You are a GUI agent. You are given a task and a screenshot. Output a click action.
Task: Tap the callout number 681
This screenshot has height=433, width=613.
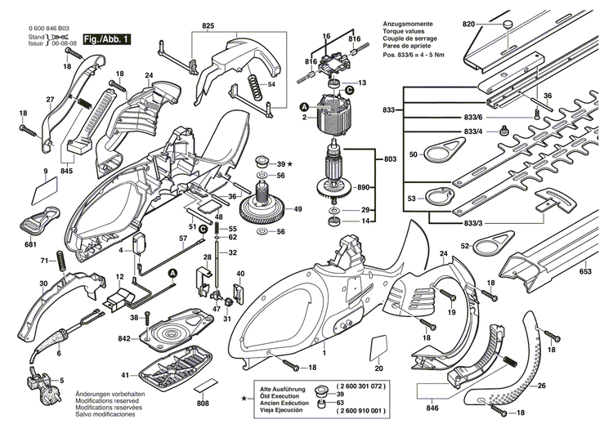(30, 244)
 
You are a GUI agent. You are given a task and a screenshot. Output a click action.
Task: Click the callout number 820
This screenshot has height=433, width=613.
(468, 25)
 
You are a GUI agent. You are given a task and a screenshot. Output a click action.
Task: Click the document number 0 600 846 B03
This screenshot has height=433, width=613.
(29, 28)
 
